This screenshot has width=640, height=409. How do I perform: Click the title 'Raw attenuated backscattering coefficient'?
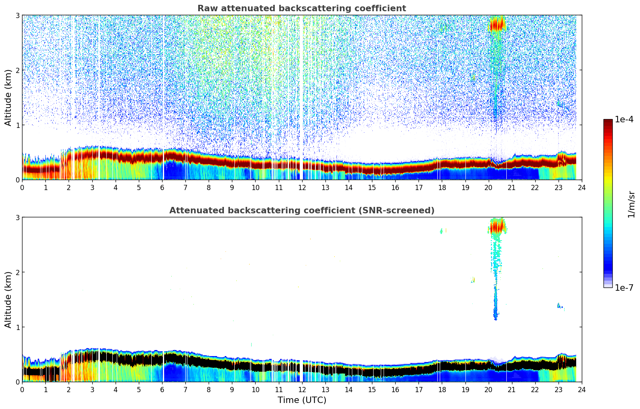(x=301, y=8)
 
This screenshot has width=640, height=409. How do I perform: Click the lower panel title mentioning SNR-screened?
(x=301, y=211)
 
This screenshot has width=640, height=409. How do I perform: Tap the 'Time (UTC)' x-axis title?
(x=302, y=400)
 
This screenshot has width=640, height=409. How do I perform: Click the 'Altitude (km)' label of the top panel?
(x=8, y=97)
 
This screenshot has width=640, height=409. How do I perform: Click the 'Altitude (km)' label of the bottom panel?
(x=8, y=300)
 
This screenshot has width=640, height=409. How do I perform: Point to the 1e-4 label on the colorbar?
(x=624, y=119)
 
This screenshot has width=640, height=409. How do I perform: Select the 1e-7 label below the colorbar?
(x=624, y=288)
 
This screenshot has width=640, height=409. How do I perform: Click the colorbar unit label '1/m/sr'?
(x=631, y=204)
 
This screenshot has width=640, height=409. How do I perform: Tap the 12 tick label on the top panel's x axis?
(x=302, y=187)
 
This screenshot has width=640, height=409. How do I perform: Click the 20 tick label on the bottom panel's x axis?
(x=488, y=389)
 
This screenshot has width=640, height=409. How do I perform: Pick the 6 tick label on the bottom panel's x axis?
(x=162, y=389)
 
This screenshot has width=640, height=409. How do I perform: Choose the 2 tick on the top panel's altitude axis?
(x=17, y=70)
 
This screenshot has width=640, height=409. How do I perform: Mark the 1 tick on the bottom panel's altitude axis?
(x=17, y=327)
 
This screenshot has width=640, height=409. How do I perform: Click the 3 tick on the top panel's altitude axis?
(x=17, y=15)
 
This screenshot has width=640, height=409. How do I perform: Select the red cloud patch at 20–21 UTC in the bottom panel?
(x=497, y=227)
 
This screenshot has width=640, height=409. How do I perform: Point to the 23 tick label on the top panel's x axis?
(x=558, y=187)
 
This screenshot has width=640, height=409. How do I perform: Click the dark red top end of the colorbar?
(x=607, y=121)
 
